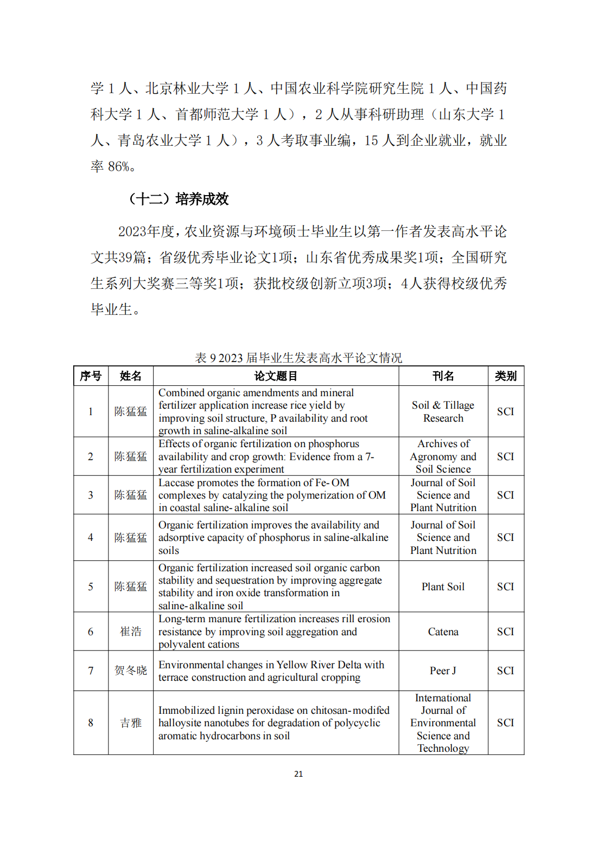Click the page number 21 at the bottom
(x=298, y=774)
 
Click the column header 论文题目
(x=276, y=376)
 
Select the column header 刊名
(x=443, y=376)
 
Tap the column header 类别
(x=505, y=376)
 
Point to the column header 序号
(x=91, y=376)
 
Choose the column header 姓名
(x=130, y=376)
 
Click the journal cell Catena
(x=443, y=632)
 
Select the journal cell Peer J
(x=443, y=671)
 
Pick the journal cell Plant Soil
(x=443, y=587)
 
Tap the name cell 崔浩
(x=130, y=632)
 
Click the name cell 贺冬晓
(x=130, y=671)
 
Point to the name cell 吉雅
(x=130, y=723)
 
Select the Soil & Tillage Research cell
(x=443, y=412)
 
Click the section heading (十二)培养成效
(x=179, y=199)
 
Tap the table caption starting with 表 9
(x=298, y=358)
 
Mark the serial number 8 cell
(x=91, y=723)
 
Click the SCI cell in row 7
(x=505, y=671)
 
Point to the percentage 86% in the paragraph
(x=119, y=167)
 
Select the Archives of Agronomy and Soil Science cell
(x=443, y=457)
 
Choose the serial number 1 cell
(x=91, y=412)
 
